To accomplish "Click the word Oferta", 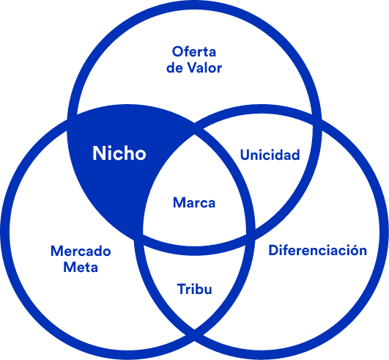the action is pyautogui.click(x=194, y=51).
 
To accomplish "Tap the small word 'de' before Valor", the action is pyautogui.click(x=174, y=67).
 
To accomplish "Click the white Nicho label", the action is pyautogui.click(x=119, y=153).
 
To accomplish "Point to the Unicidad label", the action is pyautogui.click(x=270, y=155).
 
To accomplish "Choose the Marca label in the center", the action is pyautogui.click(x=194, y=202).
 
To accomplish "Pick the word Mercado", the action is pyautogui.click(x=81, y=251).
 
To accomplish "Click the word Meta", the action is pyautogui.click(x=81, y=267).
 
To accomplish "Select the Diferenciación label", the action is pyautogui.click(x=317, y=250).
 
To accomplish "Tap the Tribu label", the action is pyautogui.click(x=195, y=289).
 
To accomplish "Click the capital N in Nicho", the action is pyautogui.click(x=98, y=153).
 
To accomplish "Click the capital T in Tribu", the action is pyautogui.click(x=182, y=289).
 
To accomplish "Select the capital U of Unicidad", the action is pyautogui.click(x=245, y=155).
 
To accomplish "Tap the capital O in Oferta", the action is pyautogui.click(x=177, y=51).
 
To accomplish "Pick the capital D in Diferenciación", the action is pyautogui.click(x=273, y=250).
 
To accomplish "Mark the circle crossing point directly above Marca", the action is pyautogui.click(x=195, y=129).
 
